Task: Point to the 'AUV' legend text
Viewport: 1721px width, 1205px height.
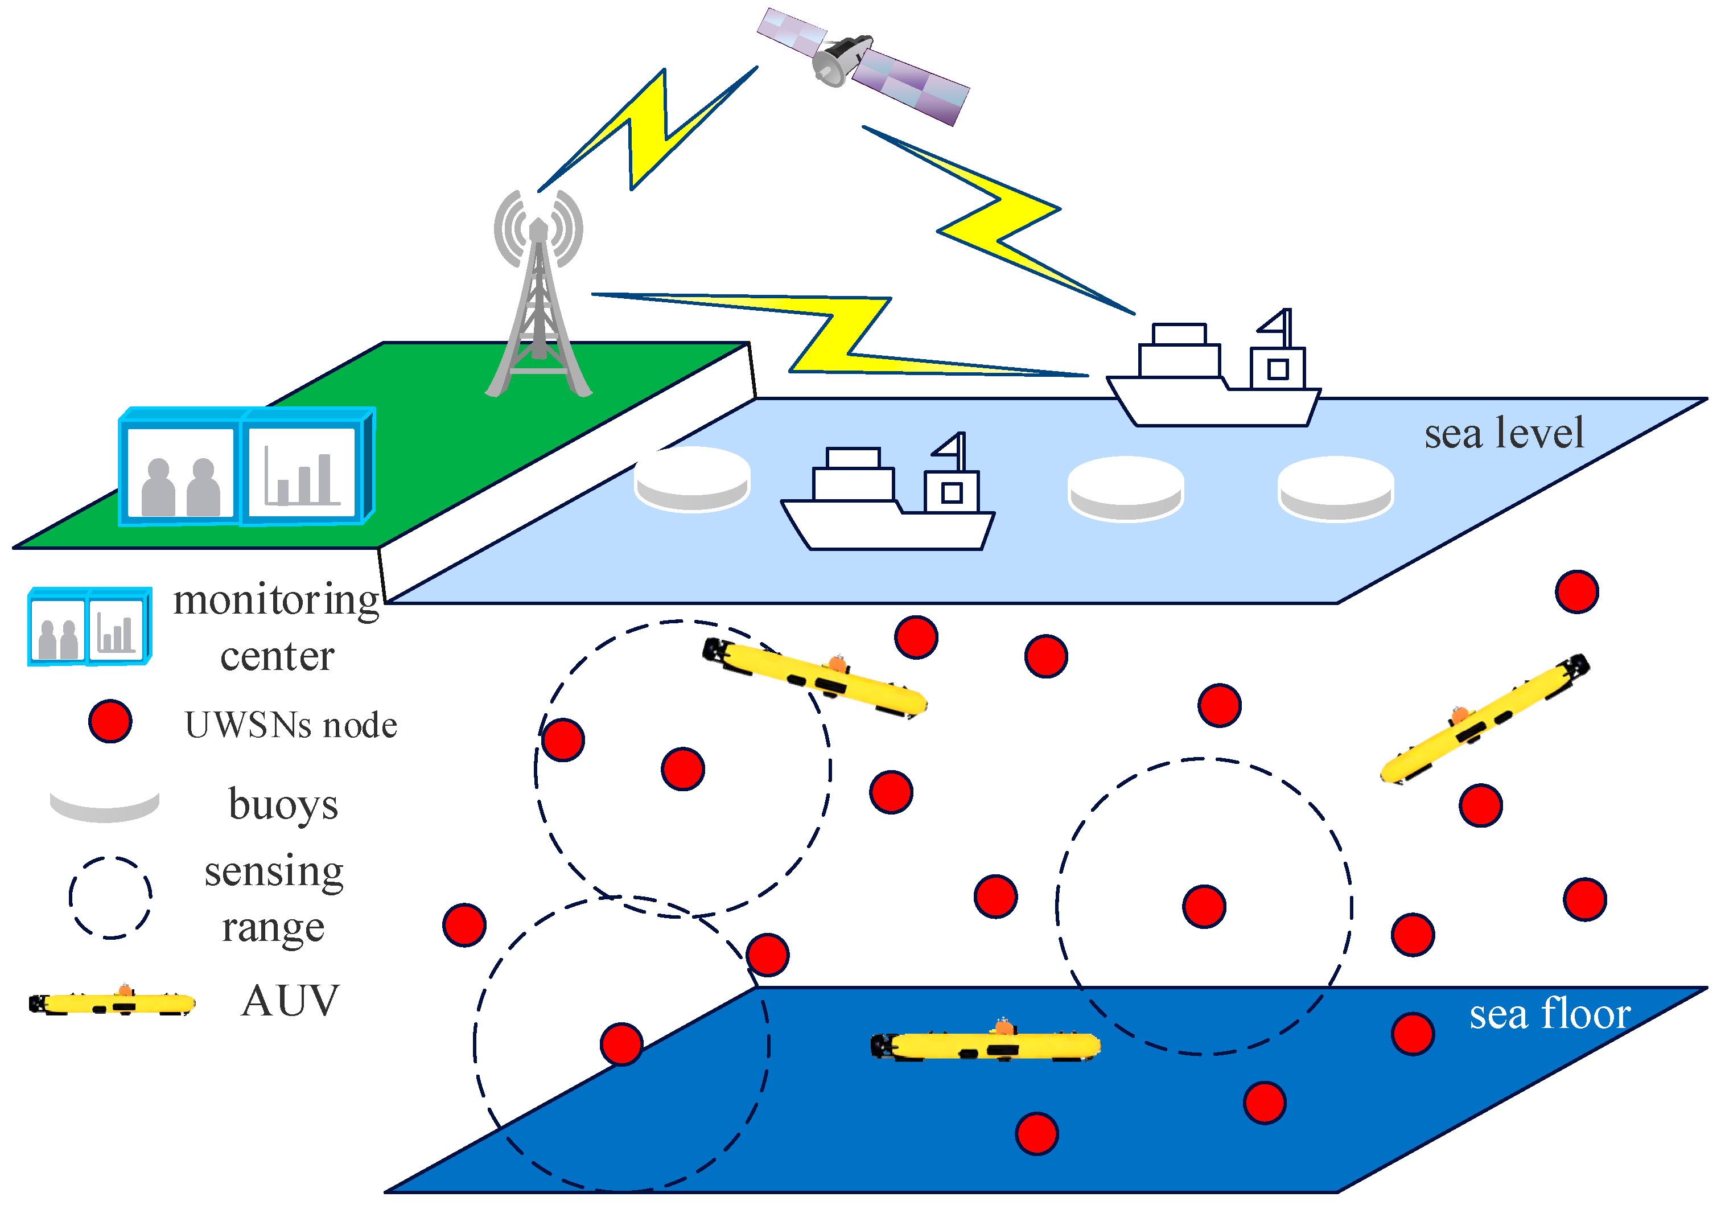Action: pos(290,1001)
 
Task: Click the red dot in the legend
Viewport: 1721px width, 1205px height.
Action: pos(110,721)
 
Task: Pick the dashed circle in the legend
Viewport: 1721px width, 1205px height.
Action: pos(110,897)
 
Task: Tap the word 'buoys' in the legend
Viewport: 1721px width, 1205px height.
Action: pos(283,805)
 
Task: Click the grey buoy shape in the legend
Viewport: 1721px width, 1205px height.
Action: pos(104,805)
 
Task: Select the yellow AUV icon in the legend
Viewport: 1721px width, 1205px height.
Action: pos(113,1002)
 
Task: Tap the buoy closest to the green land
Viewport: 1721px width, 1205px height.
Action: pos(692,480)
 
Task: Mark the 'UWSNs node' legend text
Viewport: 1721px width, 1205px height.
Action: pos(291,725)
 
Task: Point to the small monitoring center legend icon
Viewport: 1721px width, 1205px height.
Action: pos(89,627)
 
